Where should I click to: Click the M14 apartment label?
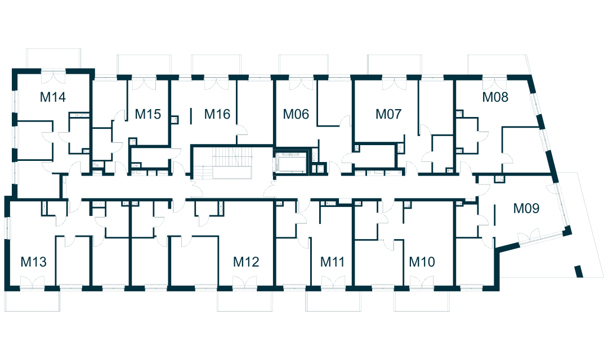tap(53, 97)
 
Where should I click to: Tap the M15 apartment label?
tap(149, 115)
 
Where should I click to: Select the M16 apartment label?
tap(217, 115)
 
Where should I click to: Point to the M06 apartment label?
tap(296, 115)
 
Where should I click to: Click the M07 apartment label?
tap(388, 115)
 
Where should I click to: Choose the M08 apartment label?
tap(495, 97)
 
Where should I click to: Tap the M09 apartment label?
tap(526, 209)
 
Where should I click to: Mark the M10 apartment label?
tap(422, 262)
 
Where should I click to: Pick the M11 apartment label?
tap(332, 262)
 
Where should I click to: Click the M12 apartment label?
tap(246, 262)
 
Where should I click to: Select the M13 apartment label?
tap(33, 262)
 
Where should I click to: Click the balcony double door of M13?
tap(33, 282)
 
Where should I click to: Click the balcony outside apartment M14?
tap(54, 58)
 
